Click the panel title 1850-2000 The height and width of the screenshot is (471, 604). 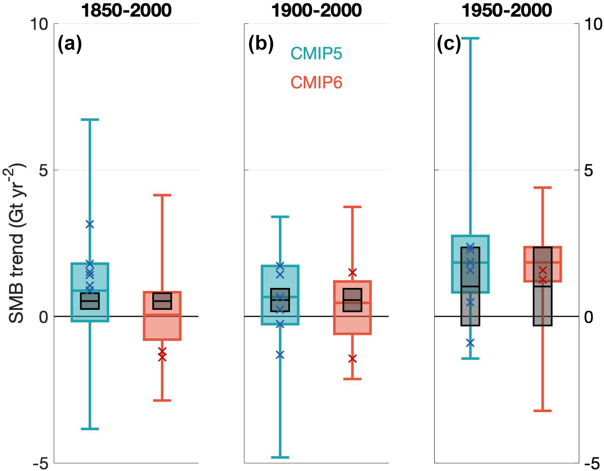pos(126,10)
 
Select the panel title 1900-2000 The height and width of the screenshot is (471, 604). pos(317,10)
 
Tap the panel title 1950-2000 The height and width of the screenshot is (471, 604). pos(507,10)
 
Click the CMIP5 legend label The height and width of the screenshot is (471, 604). pos(317,54)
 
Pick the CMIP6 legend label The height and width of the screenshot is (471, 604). pos(317,82)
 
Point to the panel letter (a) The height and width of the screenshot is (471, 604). pos(70,44)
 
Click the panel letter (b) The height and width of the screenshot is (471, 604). pos(261,44)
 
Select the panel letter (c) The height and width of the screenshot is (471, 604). pos(449,44)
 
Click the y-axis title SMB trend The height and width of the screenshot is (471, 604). pos(17,243)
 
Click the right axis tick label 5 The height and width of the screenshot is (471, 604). pos(589,171)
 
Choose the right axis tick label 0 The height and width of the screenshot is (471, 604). pos(589,317)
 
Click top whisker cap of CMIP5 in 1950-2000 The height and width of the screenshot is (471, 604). pos(470,38)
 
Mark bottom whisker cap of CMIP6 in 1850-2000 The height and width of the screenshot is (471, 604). pos(162,400)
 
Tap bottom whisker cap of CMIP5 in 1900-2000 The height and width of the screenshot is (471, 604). pos(280,457)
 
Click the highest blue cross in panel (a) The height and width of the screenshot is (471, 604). pos(90,224)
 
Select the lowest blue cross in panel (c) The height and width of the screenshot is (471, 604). pos(470,343)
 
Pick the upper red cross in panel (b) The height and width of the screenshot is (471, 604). pos(352,272)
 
